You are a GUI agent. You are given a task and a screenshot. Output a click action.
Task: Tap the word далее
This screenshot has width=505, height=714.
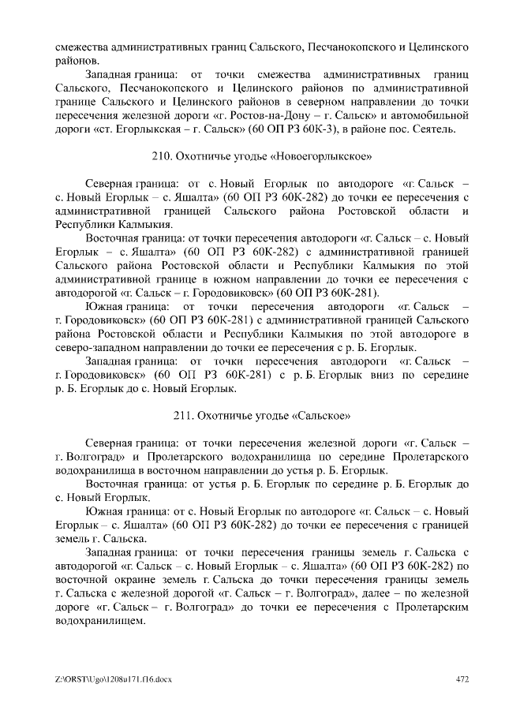coord(376,593)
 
